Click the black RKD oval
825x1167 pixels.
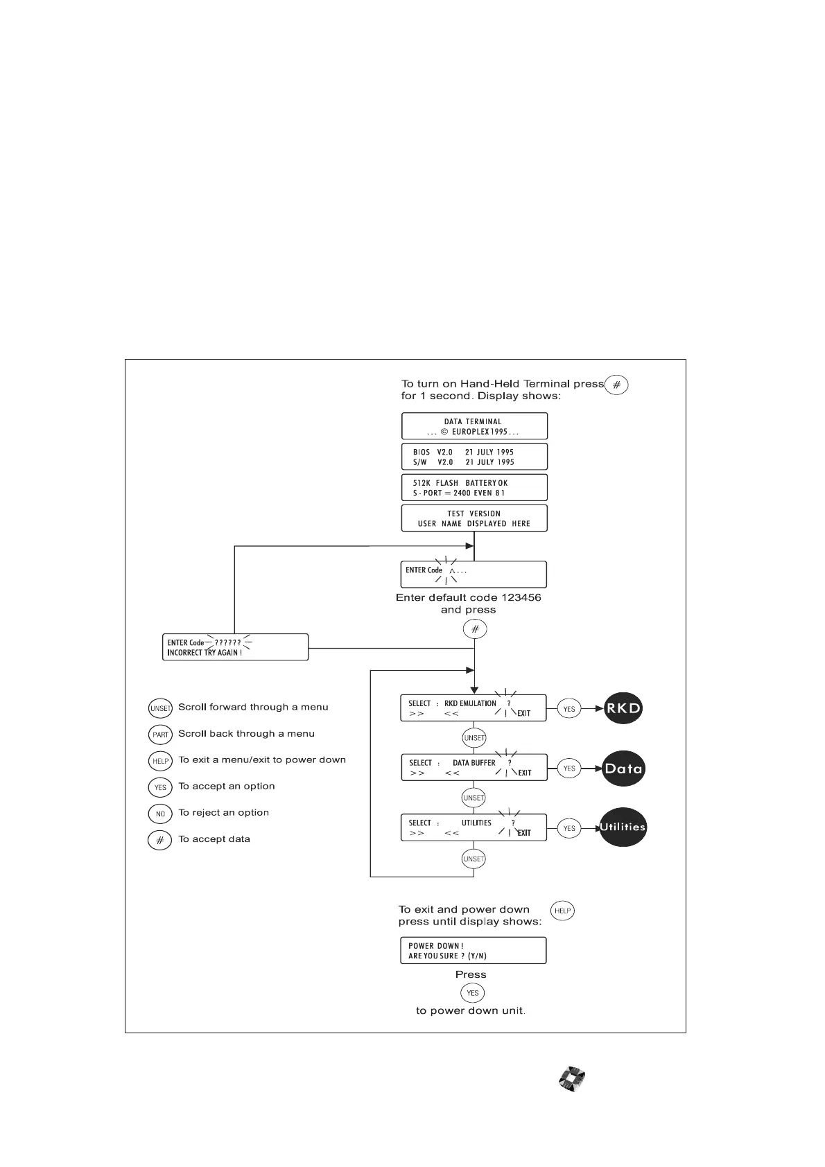coord(623,708)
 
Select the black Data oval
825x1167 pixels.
coord(623,768)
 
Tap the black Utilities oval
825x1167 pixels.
coord(623,827)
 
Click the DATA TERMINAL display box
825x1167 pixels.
coord(474,426)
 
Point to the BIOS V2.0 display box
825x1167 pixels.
coord(474,457)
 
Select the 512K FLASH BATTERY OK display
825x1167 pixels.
coord(474,487)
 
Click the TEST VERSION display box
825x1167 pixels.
coord(474,518)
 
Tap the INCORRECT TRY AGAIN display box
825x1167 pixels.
coord(235,647)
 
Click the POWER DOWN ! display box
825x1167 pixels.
coord(473,950)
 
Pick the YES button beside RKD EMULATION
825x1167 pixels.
coord(569,709)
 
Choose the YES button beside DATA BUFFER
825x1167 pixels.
coord(569,768)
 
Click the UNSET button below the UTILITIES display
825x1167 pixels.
coord(474,859)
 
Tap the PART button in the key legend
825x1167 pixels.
coord(160,735)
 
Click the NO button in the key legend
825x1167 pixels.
coord(160,814)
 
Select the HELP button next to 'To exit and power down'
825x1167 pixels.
coord(562,911)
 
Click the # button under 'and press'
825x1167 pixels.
coord(475,629)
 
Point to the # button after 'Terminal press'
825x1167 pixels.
coord(616,385)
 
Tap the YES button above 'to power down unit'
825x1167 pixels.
coord(473,992)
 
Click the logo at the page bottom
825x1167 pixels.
coord(573,1080)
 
